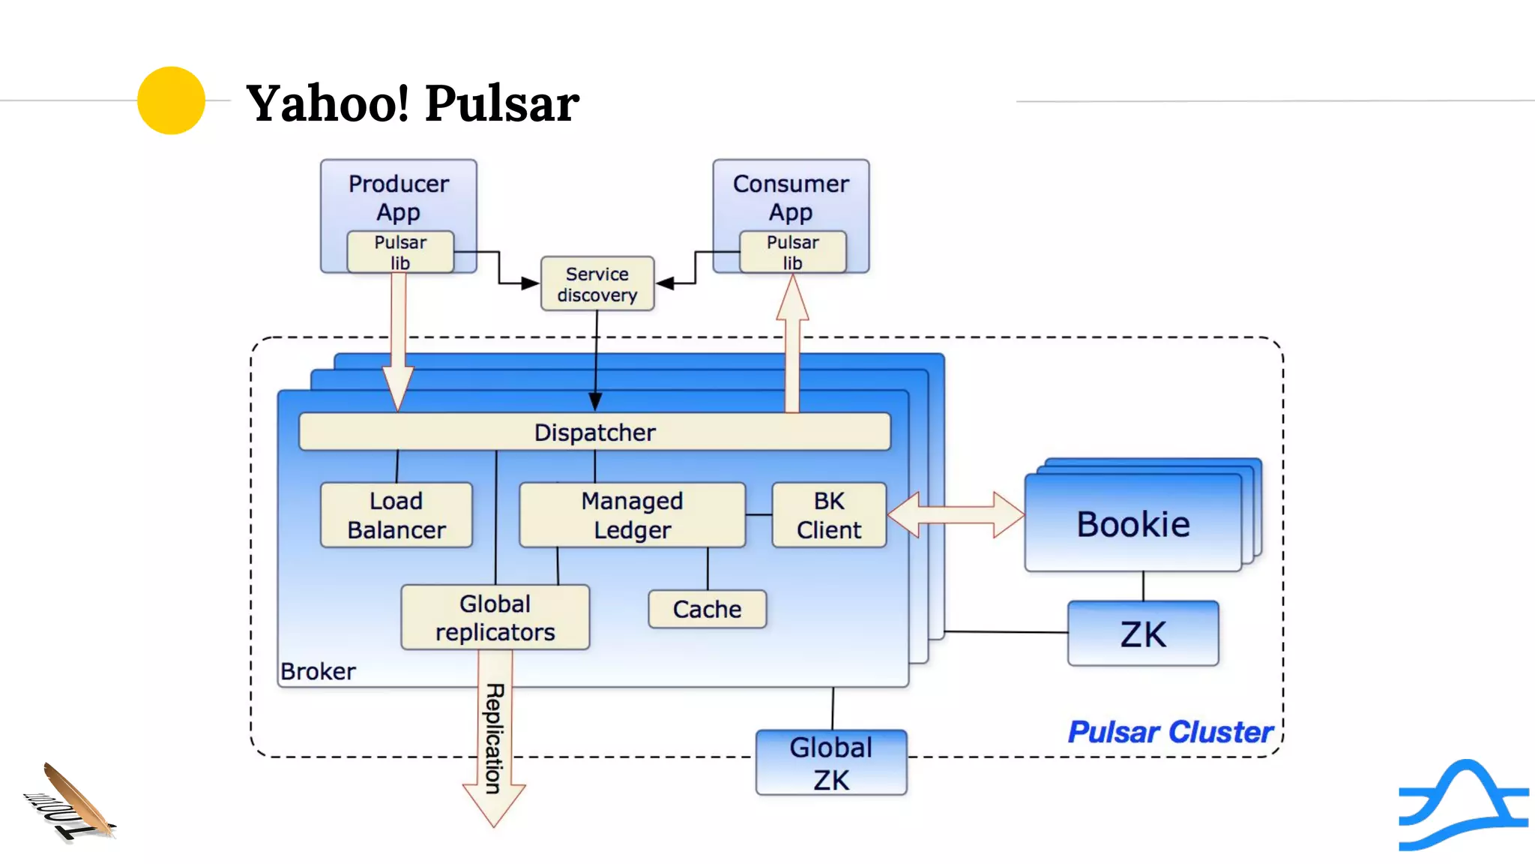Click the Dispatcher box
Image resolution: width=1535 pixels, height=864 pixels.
(x=594, y=432)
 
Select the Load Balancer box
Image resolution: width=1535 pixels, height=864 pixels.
(x=396, y=515)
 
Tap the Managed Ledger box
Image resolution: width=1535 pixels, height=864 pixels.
(x=632, y=515)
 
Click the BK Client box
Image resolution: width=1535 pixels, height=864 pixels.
(x=829, y=515)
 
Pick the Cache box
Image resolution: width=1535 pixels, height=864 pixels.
(x=707, y=609)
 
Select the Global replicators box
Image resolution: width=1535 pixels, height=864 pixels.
(x=495, y=617)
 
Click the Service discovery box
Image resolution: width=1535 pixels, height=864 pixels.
(x=597, y=284)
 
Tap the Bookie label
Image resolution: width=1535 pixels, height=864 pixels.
(x=1133, y=524)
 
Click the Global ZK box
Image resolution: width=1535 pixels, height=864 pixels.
(x=831, y=763)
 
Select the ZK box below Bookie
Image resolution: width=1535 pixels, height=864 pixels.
(x=1143, y=634)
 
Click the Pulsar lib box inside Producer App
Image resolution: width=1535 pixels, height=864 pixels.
(x=400, y=252)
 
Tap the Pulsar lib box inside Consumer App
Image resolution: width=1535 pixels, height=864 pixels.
(x=792, y=252)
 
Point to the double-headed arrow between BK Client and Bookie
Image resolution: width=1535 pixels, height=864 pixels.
(x=956, y=515)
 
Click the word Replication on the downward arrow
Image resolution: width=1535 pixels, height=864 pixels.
(x=494, y=738)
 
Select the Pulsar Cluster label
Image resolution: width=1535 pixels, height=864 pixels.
(x=1170, y=732)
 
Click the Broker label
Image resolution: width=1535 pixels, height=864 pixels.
(x=318, y=671)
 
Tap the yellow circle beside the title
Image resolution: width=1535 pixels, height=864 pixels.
(x=171, y=100)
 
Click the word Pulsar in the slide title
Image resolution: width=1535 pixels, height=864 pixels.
(x=502, y=103)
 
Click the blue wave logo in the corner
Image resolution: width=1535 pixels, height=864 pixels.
(x=1463, y=805)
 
